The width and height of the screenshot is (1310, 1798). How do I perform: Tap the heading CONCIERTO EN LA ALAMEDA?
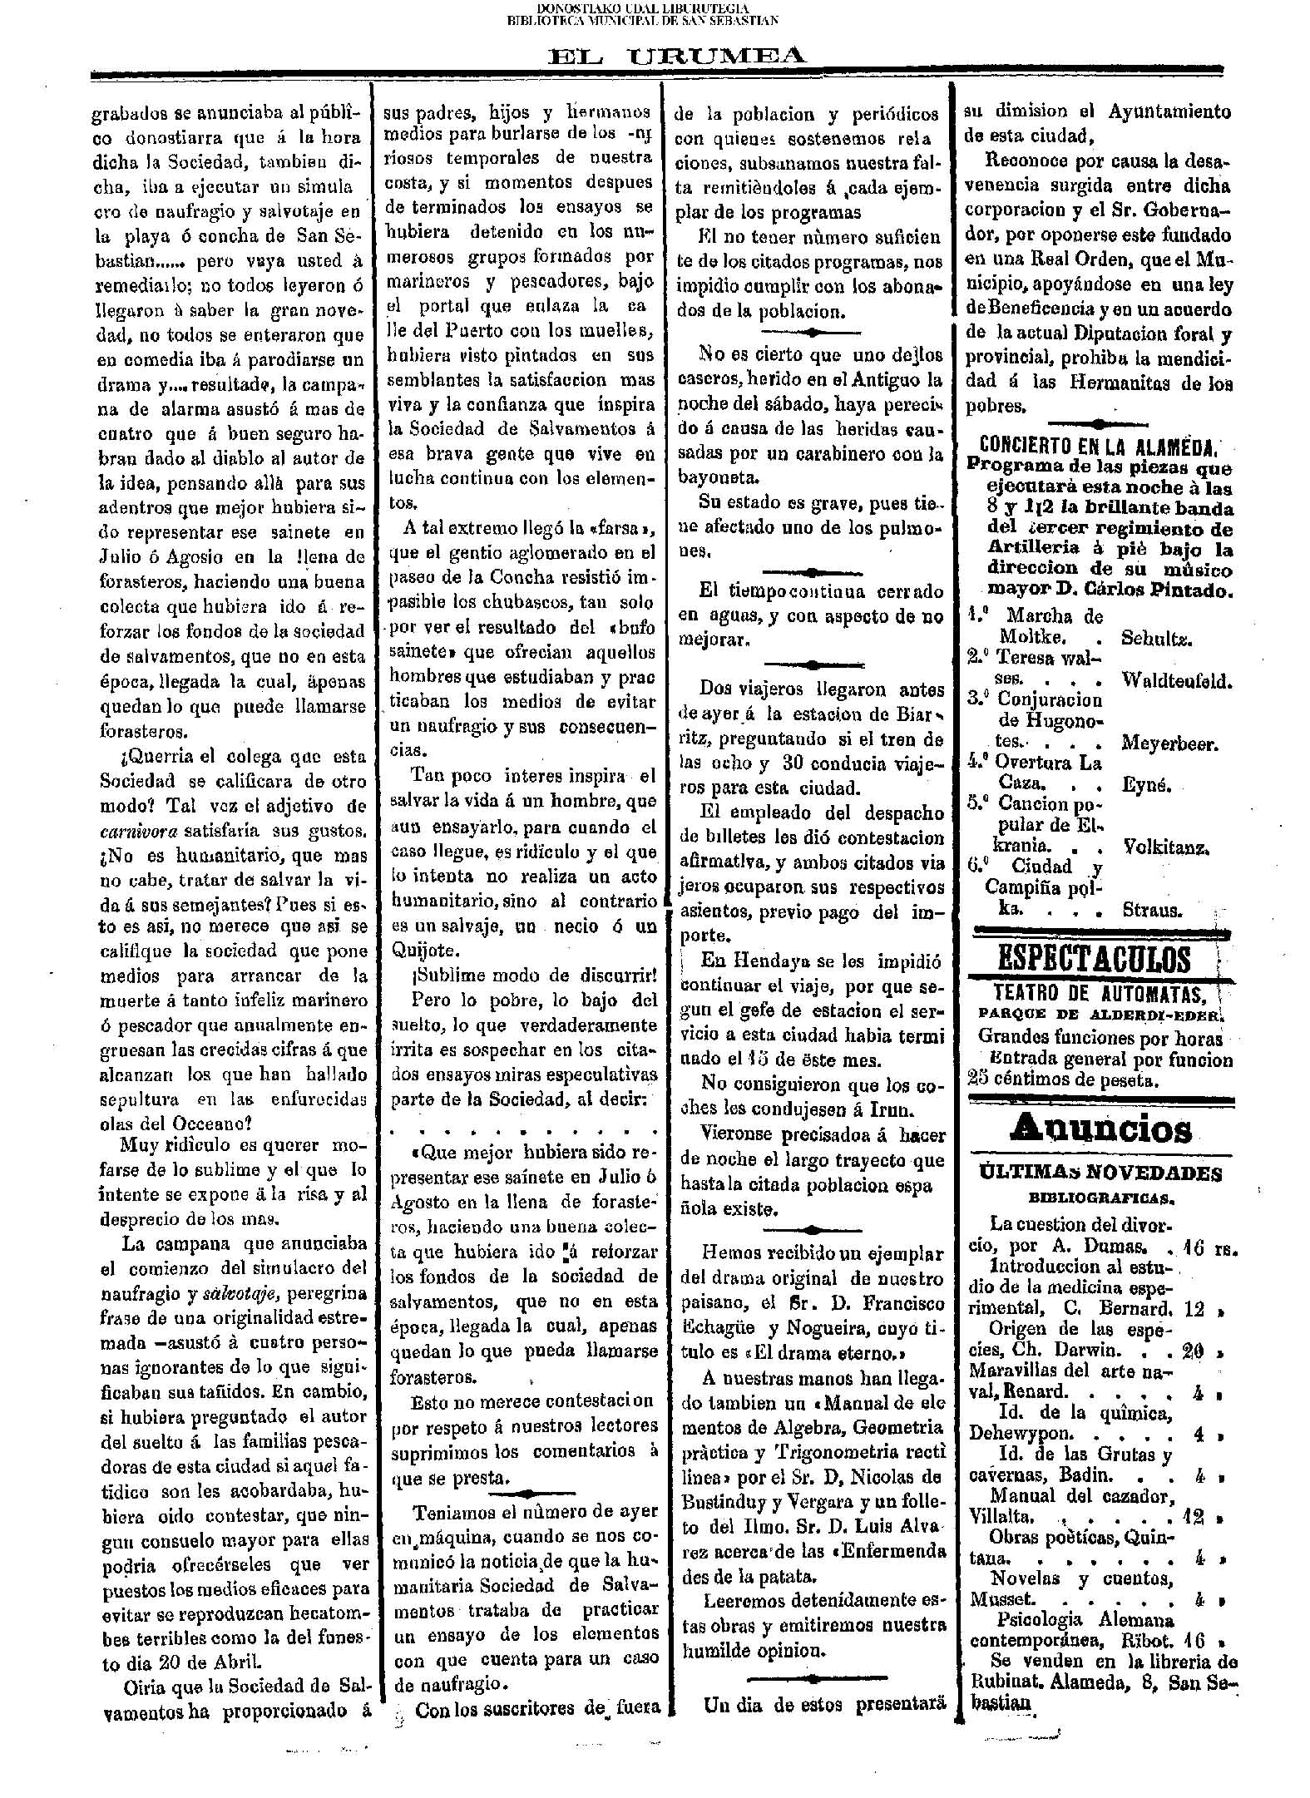1099,445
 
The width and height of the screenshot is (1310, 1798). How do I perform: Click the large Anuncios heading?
1100,1129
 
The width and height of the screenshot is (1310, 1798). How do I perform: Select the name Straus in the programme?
1151,910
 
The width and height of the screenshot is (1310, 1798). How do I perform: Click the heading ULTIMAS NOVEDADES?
1100,1174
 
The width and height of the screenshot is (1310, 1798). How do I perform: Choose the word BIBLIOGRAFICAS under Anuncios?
1100,1198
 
